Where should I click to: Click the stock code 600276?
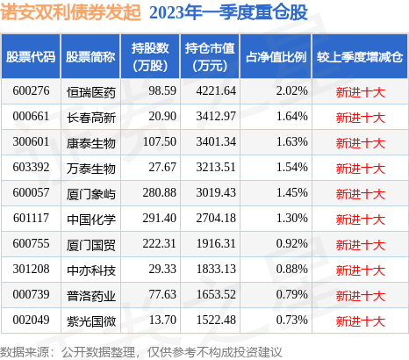(x=31, y=90)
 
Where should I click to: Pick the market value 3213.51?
(x=212, y=165)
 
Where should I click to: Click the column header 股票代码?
(x=31, y=57)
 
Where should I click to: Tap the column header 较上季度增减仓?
(x=362, y=57)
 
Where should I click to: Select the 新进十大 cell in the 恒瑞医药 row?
(x=361, y=90)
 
